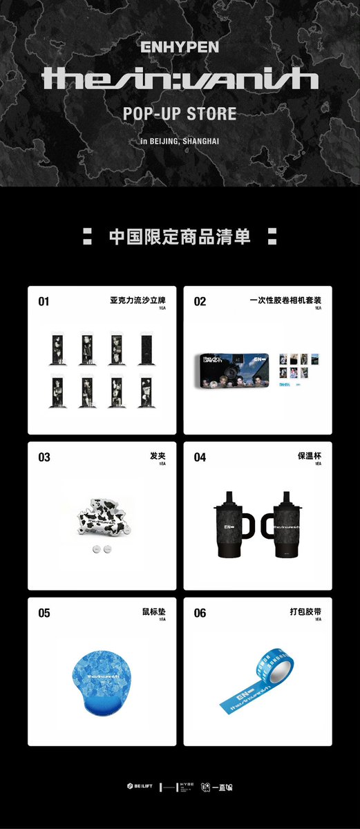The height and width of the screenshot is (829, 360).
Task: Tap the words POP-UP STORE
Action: tap(180, 113)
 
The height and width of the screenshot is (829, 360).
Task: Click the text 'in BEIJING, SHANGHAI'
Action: tap(180, 141)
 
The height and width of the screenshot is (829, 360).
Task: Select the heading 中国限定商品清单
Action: tap(180, 236)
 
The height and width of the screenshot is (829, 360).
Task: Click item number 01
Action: tap(44, 302)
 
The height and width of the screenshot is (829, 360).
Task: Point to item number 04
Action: tap(200, 457)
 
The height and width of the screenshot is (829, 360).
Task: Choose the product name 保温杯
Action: tap(310, 457)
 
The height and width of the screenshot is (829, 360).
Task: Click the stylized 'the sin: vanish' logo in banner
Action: tap(180, 79)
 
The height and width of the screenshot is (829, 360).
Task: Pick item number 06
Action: tap(200, 613)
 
